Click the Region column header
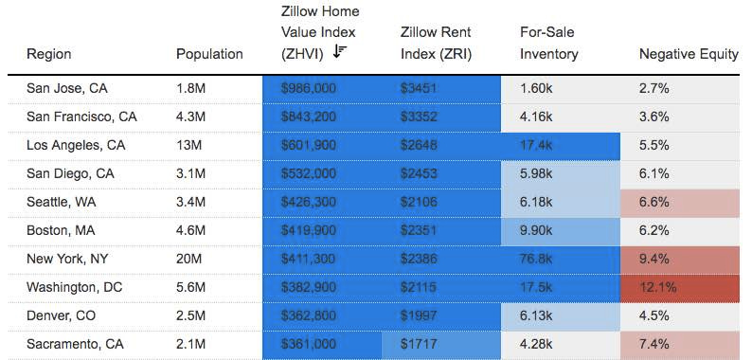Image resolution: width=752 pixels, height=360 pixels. (48, 54)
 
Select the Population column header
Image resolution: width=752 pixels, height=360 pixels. (209, 54)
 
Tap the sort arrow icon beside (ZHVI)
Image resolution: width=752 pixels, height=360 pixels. (340, 52)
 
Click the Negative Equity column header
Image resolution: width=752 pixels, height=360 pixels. (689, 54)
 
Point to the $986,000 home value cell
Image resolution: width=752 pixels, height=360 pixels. (309, 88)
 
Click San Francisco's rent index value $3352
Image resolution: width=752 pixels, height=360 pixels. (419, 117)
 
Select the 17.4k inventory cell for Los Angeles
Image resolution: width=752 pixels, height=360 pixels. (537, 145)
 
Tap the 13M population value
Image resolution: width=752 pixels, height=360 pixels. (189, 145)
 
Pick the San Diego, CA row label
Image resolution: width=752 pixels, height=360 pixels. (70, 173)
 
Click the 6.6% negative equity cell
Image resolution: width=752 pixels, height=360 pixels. (654, 202)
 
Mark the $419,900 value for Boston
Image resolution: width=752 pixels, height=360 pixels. (309, 230)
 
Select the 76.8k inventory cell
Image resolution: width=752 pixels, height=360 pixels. (537, 259)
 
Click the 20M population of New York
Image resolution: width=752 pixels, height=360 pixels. (189, 259)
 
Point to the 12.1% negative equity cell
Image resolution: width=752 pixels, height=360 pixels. (657, 287)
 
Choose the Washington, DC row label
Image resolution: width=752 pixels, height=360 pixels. (77, 287)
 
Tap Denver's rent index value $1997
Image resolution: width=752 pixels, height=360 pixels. (419, 315)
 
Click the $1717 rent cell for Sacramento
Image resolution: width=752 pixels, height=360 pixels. (418, 344)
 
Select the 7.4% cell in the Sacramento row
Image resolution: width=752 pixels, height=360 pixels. (654, 344)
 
